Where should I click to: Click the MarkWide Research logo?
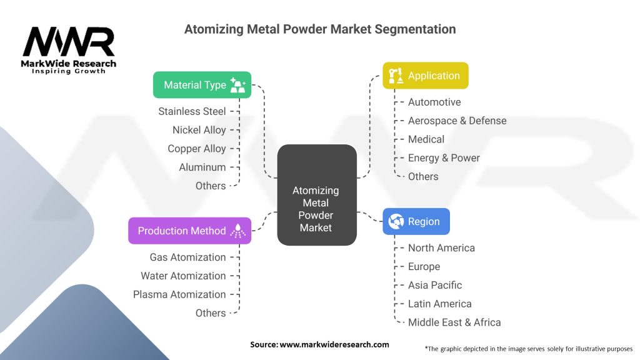tap(69, 50)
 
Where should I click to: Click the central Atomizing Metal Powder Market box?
tap(317, 195)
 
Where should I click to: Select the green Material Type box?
tap(202, 85)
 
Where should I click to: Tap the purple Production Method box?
tap(189, 231)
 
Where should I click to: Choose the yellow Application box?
tap(425, 76)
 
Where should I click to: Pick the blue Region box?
tap(416, 221)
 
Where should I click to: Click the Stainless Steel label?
tap(192, 111)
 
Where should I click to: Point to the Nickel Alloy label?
tap(199, 130)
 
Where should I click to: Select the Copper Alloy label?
tap(196, 149)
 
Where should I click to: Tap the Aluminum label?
tap(202, 167)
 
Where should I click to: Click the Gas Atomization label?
tap(187, 257)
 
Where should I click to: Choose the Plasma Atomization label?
tap(179, 294)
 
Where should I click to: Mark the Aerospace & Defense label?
tap(457, 121)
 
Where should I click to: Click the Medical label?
tap(426, 139)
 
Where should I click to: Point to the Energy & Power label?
tap(444, 158)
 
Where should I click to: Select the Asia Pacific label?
tap(435, 285)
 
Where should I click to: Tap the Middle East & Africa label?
tap(454, 322)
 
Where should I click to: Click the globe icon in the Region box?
tap(396, 221)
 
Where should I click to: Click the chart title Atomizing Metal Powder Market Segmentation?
tap(320, 29)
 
